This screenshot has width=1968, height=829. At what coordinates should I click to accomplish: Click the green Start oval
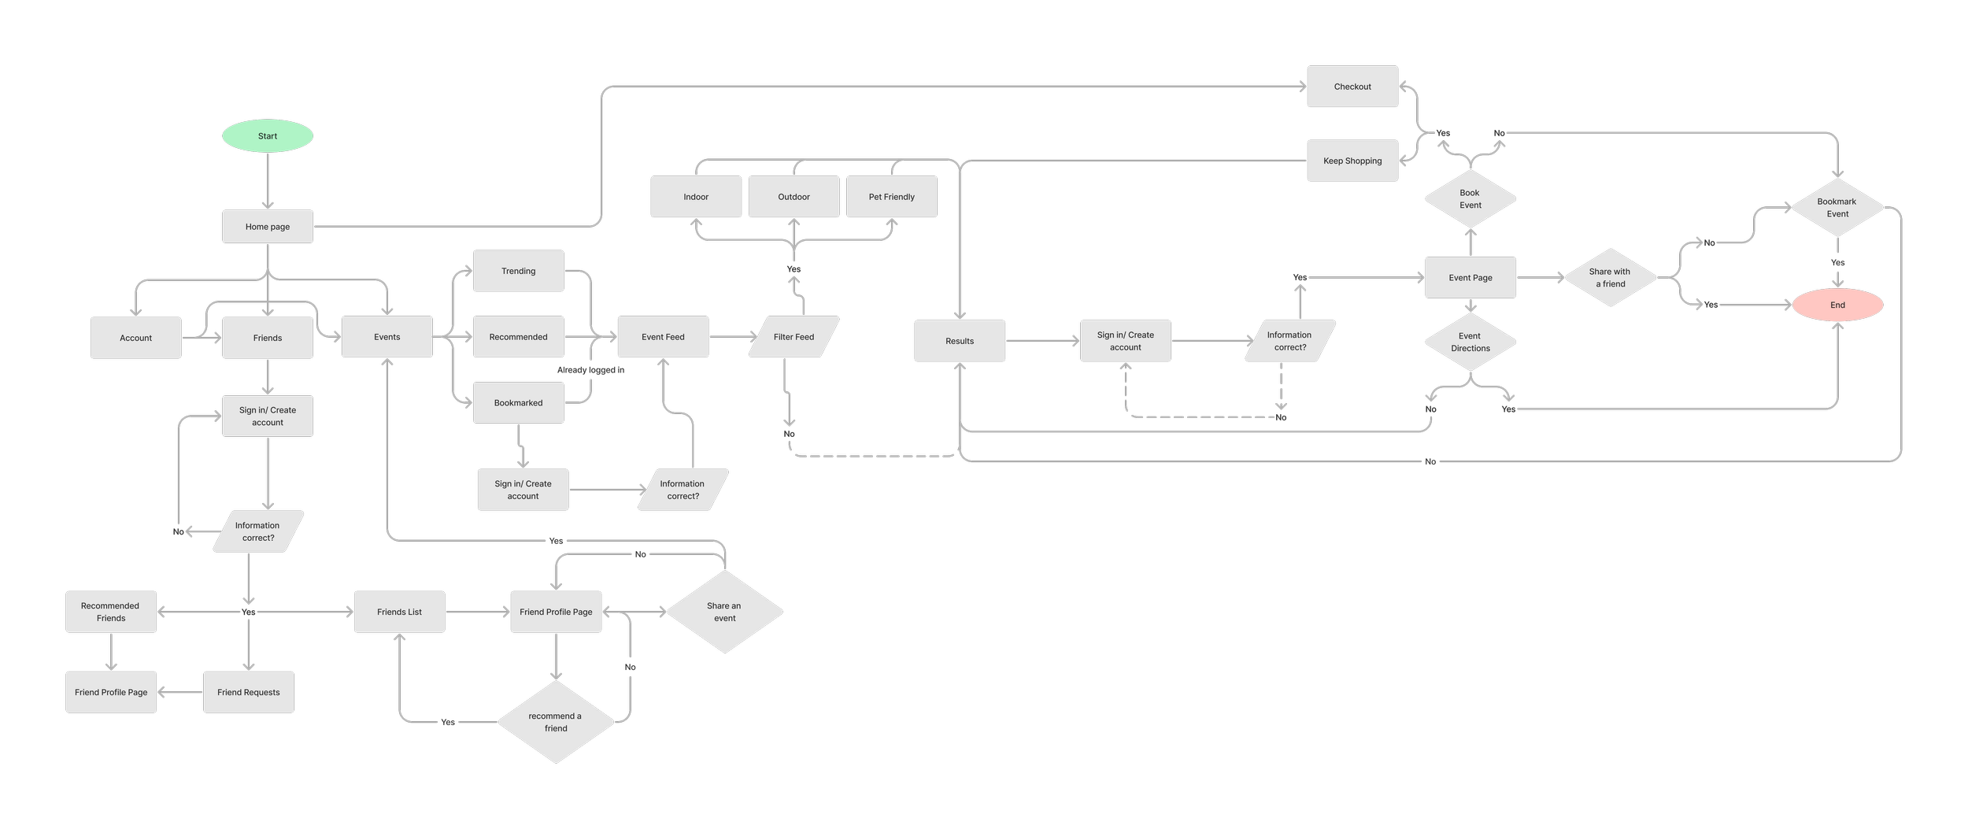pos(268,136)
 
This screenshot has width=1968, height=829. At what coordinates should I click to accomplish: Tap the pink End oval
pos(1837,305)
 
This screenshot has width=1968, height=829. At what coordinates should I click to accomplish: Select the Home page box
pos(268,227)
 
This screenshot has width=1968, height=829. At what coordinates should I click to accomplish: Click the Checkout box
pos(1352,87)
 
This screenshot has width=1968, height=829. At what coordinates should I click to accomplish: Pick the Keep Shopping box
pos(1352,161)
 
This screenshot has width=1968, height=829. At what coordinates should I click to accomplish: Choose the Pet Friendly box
pos(891,197)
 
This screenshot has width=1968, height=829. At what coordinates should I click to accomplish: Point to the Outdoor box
pos(793,197)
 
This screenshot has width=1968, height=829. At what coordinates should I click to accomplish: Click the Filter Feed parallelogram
pos(793,337)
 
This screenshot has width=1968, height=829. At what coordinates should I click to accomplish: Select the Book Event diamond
pos(1470,199)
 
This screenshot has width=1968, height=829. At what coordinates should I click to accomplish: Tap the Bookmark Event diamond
pos(1837,208)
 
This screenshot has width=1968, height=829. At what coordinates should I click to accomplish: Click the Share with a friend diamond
pos(1610,278)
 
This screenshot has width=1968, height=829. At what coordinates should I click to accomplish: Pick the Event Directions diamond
pos(1470,342)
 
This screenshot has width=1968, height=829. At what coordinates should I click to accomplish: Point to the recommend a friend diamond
pos(556,722)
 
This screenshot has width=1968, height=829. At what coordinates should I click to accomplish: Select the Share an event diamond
pos(724,612)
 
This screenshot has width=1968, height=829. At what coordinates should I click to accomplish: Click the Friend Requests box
pos(249,692)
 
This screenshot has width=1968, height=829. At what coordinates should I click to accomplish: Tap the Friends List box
pos(399,612)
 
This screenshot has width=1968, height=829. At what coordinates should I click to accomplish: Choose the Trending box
pos(518,271)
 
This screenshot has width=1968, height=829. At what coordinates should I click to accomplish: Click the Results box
pos(960,341)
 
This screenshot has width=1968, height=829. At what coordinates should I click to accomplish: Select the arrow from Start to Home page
pos(268,181)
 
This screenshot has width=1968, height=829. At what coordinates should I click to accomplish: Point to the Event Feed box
pos(663,337)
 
